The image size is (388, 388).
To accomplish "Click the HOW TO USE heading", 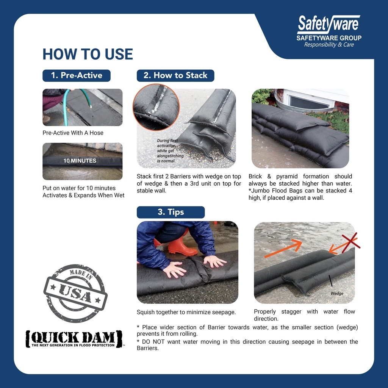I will tap(88, 54).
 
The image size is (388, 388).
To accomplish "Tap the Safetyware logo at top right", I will tap(329, 24).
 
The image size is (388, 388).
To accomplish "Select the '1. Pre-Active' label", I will tap(77, 75).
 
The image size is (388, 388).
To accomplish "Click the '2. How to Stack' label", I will tap(175, 75).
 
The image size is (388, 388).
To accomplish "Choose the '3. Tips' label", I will tap(171, 212).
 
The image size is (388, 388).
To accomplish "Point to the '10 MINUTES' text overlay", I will tap(80, 161).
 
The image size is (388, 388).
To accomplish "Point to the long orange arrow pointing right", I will tap(283, 249).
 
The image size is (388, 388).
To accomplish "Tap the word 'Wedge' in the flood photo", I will tap(337, 293).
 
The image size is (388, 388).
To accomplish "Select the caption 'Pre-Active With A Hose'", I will tap(73, 133).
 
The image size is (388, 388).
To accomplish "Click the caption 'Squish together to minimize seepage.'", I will tap(186, 312).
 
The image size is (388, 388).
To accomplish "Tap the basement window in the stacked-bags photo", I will tap(309, 102).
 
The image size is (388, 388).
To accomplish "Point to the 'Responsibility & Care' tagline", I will tap(329, 45).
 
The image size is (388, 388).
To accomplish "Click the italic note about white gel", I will tap(170, 151).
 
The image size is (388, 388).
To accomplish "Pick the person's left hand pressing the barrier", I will tap(214, 261).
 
